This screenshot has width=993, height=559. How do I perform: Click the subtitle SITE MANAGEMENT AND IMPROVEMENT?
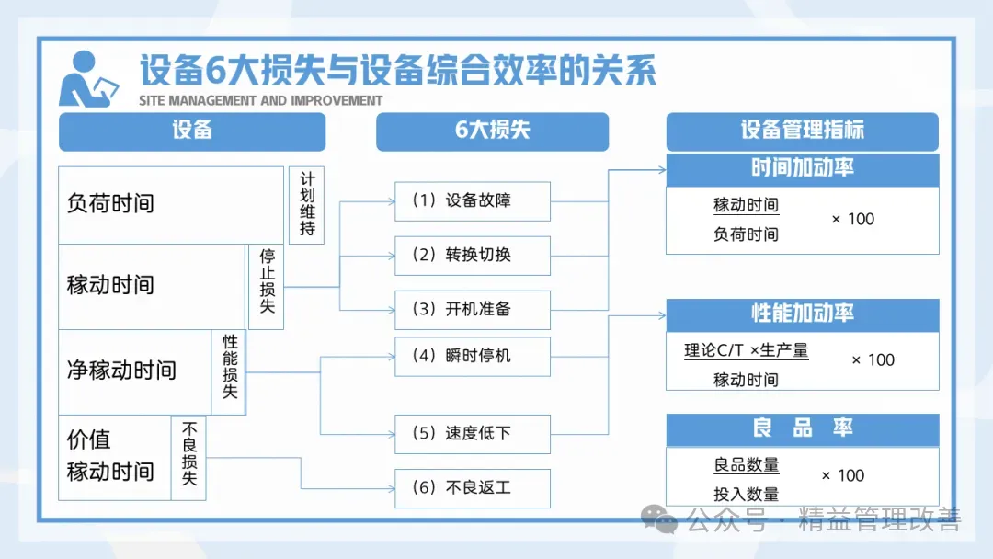coord(261,100)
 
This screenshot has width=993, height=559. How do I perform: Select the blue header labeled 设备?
coord(192,131)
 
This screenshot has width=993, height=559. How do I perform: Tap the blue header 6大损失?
coord(492,131)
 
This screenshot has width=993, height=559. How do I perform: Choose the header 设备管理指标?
coord(802,131)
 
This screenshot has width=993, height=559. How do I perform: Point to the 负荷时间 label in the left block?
coord(110,203)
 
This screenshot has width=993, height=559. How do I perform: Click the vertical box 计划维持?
coord(307,205)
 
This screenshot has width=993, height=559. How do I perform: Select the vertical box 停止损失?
coord(267,286)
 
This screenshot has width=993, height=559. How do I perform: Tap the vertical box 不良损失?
coord(189,458)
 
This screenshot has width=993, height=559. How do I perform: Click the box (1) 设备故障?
coord(473,200)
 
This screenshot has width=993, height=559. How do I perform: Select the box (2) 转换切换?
coord(473,255)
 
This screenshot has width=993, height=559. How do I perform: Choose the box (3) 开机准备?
coord(473,309)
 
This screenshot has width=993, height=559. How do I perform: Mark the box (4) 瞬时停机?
coord(473,356)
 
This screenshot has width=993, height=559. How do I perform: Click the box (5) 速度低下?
coord(473,433)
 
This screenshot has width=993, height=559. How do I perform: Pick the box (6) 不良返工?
coord(473,487)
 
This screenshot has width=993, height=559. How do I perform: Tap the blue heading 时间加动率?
coord(802,169)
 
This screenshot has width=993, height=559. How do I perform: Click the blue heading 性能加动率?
coord(802,314)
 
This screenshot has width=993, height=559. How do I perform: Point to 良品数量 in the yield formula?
coord(746,465)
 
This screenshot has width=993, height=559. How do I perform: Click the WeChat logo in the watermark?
coord(659,520)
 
